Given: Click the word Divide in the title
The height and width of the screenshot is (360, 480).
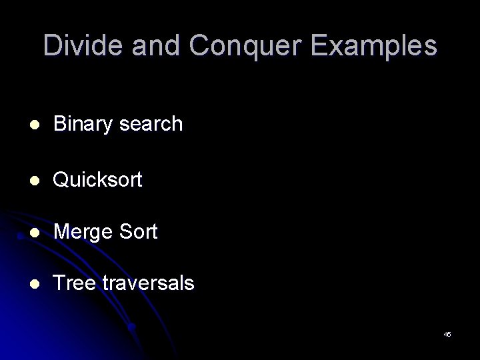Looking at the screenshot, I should [x=81, y=45].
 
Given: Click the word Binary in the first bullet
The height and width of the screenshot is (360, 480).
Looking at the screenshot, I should [x=82, y=123].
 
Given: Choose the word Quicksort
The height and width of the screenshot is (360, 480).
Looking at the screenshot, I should [x=97, y=179].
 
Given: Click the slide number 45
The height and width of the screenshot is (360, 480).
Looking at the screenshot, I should [x=447, y=333].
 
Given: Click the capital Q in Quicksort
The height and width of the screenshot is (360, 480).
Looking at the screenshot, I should [x=61, y=179].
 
